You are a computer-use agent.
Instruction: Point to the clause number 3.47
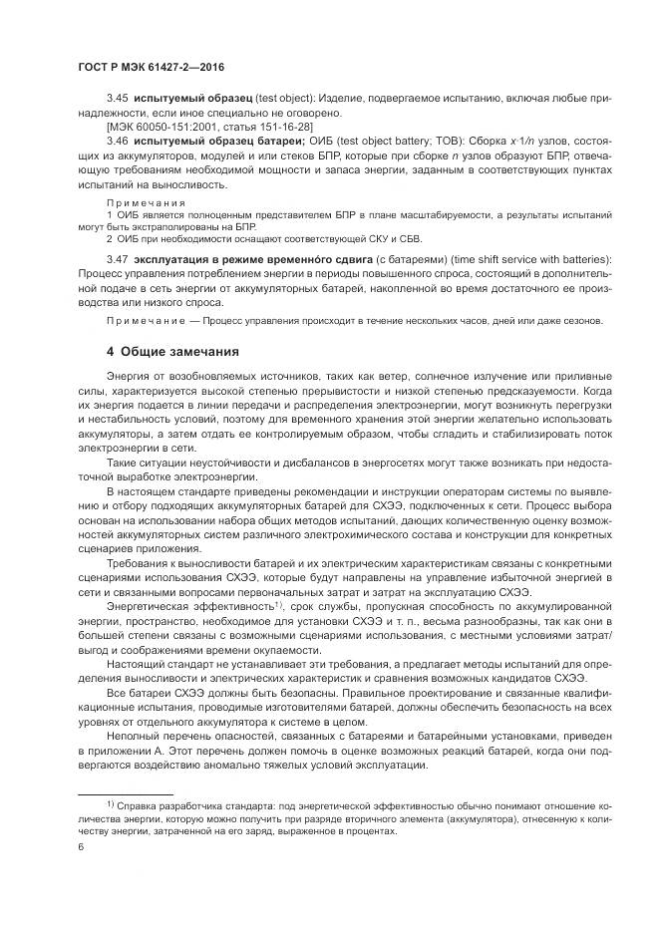[x=118, y=259]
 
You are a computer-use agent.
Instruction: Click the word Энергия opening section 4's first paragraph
[x=128, y=379]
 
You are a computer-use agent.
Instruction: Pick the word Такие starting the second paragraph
[x=122, y=464]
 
